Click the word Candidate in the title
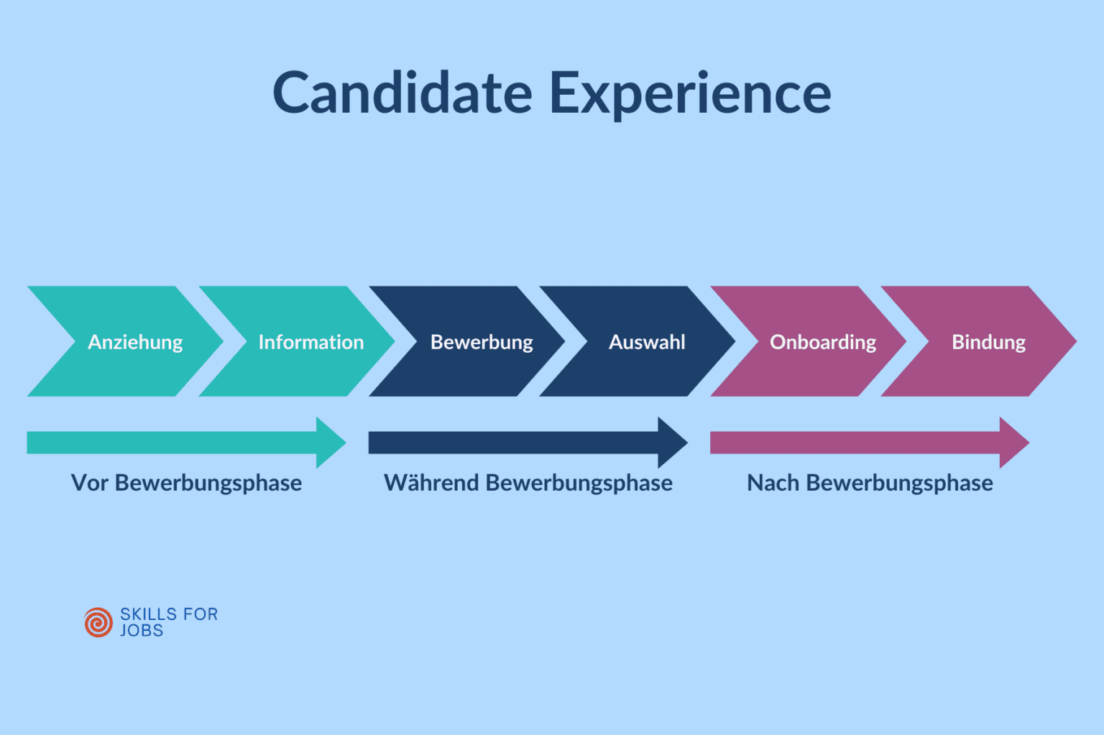402,93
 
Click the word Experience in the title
690,94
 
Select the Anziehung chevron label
135,342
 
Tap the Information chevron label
311,342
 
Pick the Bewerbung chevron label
482,342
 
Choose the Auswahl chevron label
647,342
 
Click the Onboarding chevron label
823,342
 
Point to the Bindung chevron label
988,342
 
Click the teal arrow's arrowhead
330,443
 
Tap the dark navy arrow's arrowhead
671,443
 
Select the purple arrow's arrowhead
1013,443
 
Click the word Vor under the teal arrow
90,483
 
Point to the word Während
431,483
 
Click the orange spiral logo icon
98,622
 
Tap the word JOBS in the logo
142,631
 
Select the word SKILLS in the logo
149,614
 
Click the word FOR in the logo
201,614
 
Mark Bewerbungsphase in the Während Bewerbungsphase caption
579,484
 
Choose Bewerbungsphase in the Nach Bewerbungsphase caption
899,484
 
